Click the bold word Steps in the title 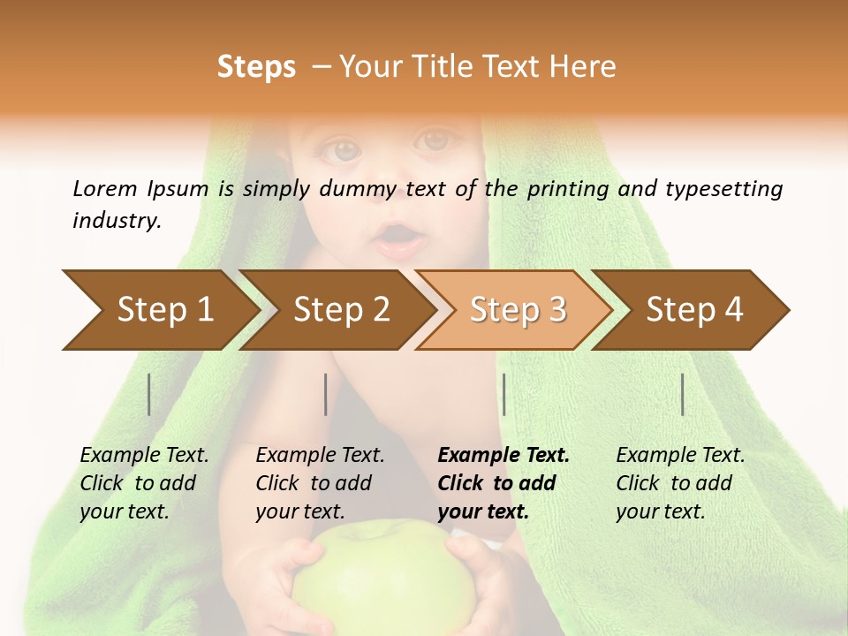[256, 66]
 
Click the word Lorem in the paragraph [104, 188]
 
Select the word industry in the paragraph [117, 221]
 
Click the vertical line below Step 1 [149, 394]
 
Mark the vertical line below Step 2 [326, 394]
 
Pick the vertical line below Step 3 [503, 394]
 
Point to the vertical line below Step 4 [682, 394]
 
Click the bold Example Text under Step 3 [503, 456]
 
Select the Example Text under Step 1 [144, 456]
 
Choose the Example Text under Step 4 [680, 456]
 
